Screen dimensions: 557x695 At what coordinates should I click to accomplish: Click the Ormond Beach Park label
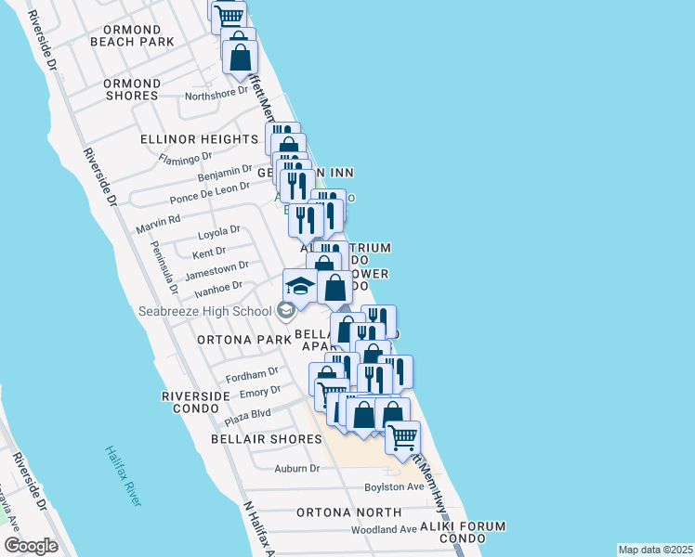pyautogui.click(x=132, y=35)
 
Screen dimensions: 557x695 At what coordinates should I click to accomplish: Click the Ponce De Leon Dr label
pyautogui.click(x=209, y=193)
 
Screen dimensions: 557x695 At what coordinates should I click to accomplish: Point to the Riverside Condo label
pyautogui.click(x=196, y=402)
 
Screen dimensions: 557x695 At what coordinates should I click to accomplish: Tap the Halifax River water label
pyautogui.click(x=123, y=475)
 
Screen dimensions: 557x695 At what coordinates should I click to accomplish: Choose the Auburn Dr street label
pyautogui.click(x=296, y=469)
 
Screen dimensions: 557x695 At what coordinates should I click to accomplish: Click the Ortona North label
pyautogui.click(x=348, y=512)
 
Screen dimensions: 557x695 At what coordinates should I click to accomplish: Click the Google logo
pyautogui.click(x=31, y=546)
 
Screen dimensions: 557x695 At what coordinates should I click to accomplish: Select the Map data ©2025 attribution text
pyautogui.click(x=654, y=550)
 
